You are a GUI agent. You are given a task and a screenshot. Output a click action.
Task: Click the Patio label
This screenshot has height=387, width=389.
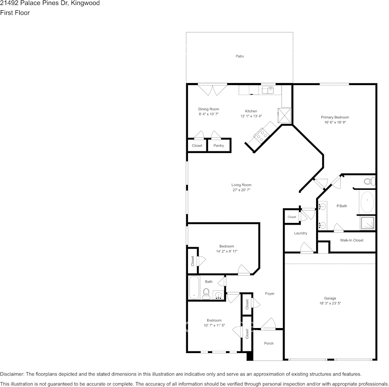(x=240, y=56)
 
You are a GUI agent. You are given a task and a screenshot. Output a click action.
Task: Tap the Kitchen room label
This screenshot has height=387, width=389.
(x=251, y=111)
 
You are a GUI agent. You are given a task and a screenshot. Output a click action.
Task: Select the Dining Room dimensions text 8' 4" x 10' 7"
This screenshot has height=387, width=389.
(x=209, y=115)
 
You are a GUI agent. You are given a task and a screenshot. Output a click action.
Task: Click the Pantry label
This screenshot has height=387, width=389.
(x=219, y=146)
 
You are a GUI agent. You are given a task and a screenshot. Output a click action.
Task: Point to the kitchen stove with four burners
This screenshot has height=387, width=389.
(x=261, y=135)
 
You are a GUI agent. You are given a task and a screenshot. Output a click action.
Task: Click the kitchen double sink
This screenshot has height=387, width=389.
(x=268, y=90)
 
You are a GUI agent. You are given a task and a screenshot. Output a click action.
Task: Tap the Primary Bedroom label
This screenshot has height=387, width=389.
(x=335, y=117)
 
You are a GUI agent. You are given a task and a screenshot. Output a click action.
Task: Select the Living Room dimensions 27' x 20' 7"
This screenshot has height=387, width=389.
(x=241, y=190)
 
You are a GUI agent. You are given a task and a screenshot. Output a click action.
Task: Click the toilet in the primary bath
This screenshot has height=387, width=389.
(x=369, y=180)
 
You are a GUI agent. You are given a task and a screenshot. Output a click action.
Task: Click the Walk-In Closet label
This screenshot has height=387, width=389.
(x=351, y=240)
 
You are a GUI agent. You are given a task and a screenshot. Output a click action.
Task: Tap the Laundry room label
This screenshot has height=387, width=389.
(x=301, y=233)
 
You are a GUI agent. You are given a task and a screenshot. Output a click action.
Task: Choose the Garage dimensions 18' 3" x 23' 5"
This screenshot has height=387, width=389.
(x=330, y=304)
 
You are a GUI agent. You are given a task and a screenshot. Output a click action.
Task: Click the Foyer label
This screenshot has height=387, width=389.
(x=269, y=293)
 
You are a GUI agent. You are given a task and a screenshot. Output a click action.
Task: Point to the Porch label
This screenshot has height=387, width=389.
(x=269, y=343)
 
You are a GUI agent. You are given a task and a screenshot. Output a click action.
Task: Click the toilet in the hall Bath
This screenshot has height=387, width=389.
(x=206, y=293)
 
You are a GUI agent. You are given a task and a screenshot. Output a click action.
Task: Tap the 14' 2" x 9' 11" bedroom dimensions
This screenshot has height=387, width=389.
(x=226, y=251)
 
